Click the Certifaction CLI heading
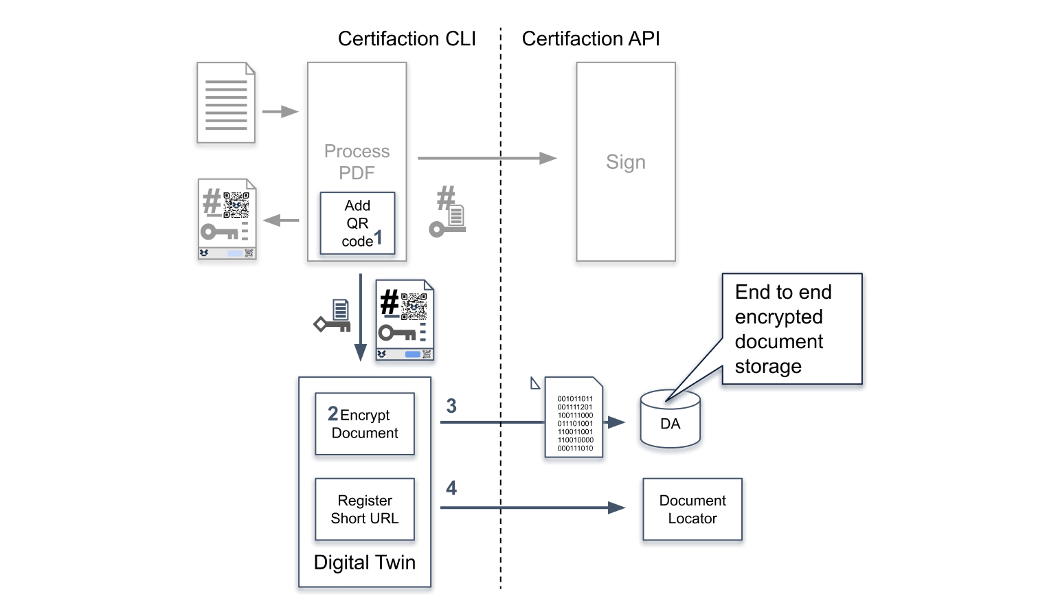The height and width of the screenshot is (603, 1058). tap(407, 39)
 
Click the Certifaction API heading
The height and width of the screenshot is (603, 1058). tap(590, 39)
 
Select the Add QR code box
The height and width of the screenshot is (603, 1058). tap(357, 223)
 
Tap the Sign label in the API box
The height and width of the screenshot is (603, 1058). tap(625, 162)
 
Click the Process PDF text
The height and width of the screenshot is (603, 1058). tap(357, 162)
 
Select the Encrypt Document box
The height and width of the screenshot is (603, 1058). tap(365, 424)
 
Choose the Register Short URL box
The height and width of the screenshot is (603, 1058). tap(365, 510)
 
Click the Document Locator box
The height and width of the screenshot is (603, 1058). tap(692, 510)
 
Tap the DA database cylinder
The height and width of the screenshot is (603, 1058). tap(670, 420)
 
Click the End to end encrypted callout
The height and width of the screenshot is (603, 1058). tap(791, 329)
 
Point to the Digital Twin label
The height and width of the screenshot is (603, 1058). tap(364, 562)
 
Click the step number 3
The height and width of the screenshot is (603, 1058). tap(451, 406)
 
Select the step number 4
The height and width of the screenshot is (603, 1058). tap(451, 488)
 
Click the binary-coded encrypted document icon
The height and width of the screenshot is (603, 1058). tap(574, 418)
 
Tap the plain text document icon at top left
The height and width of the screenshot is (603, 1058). tap(226, 103)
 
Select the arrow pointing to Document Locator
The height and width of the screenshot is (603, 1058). tap(532, 508)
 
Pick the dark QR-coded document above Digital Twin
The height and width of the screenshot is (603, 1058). tap(405, 320)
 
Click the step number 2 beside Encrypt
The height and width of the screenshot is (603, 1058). tap(333, 413)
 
